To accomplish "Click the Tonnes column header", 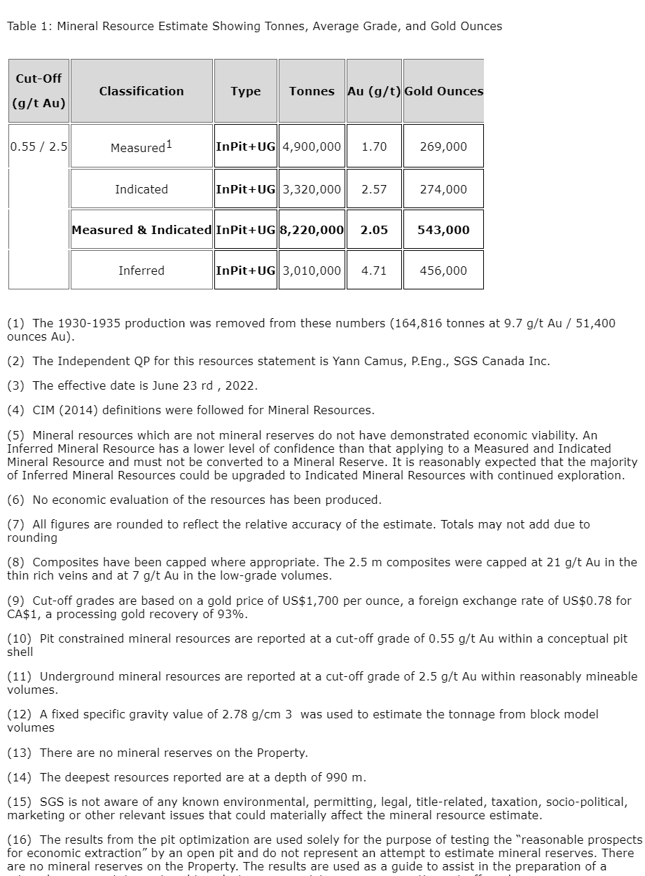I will pos(312,91).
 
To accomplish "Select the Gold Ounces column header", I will pos(443,91).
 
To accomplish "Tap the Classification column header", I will pos(141,91).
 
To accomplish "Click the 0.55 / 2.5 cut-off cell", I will pos(39,146).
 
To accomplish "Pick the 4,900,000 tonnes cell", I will pos(312,146).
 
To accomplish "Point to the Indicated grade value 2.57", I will pos(374,189).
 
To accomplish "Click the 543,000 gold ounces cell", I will pos(443,230).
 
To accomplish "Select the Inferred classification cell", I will pos(141,271).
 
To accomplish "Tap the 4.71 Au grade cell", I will pos(374,271).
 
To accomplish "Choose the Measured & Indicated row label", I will pos(141,230).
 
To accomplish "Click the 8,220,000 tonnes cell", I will pos(312,230).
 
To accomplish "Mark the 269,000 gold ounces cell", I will pos(443,146).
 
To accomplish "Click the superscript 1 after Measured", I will pos(169,144).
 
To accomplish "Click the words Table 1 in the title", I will pos(27,27).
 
